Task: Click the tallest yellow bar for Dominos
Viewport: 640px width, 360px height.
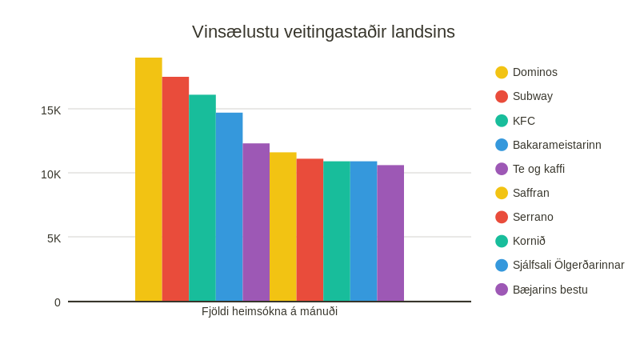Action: [x=148, y=179]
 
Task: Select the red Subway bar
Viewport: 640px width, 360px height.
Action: [x=175, y=189]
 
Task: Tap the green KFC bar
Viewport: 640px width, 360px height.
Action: [x=202, y=198]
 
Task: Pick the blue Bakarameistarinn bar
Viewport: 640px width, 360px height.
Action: [x=229, y=206]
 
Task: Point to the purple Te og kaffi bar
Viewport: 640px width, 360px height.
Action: [x=256, y=222]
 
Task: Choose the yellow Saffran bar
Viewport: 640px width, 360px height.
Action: [x=283, y=226]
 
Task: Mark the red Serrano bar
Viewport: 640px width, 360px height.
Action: [x=310, y=230]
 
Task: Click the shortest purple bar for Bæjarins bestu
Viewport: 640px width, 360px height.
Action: [x=390, y=233]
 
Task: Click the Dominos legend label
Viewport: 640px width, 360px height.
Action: [x=534, y=72]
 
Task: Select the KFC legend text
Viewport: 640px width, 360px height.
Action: [x=523, y=121]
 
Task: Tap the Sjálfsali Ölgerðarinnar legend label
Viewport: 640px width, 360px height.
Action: [x=568, y=265]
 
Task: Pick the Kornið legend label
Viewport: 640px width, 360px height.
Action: [x=529, y=241]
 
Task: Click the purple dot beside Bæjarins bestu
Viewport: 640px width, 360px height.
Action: [x=502, y=290]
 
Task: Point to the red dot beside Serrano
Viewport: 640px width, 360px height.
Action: [x=502, y=217]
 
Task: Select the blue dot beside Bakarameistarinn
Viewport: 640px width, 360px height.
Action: [x=502, y=145]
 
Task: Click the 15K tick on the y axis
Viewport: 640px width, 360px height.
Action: [x=50, y=110]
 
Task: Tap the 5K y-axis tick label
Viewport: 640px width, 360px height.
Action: [x=54, y=238]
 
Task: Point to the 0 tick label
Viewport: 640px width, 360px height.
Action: [x=58, y=302]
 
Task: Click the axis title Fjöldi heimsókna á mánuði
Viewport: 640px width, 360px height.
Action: [x=270, y=311]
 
